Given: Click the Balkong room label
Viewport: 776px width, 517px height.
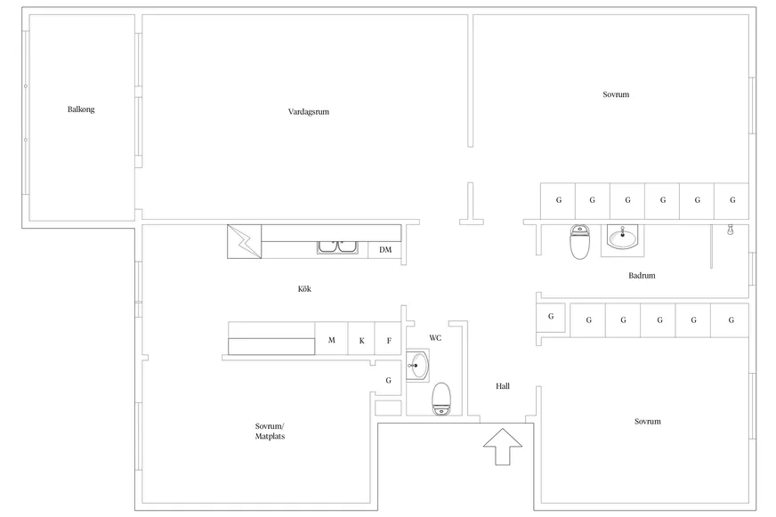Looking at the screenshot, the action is click(x=81, y=109).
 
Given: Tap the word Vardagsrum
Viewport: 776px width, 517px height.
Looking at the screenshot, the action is click(x=308, y=112).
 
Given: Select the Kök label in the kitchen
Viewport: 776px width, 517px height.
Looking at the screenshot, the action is click(x=304, y=289).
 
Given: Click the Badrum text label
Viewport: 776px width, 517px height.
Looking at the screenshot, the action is click(x=642, y=276).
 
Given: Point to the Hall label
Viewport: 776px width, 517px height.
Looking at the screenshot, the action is click(x=502, y=386).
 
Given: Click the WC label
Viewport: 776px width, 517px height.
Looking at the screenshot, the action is click(x=435, y=338).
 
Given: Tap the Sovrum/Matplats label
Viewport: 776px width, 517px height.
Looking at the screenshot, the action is click(x=270, y=431).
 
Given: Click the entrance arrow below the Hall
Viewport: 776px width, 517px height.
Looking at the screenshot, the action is click(x=502, y=446).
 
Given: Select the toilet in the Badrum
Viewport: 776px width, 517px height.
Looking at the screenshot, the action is click(x=579, y=241).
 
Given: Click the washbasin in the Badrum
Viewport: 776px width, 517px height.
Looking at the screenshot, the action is click(x=623, y=238).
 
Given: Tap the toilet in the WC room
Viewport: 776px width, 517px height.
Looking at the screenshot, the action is click(x=441, y=399).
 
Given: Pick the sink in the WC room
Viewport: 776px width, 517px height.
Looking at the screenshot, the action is click(x=416, y=366).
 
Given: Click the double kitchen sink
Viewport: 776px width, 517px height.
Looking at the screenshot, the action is click(x=337, y=247).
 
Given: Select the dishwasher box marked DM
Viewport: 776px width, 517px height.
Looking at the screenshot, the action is click(x=384, y=250).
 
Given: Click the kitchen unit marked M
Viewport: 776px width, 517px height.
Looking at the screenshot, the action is click(x=332, y=339).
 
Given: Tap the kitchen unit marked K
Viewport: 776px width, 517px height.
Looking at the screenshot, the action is click(x=361, y=339).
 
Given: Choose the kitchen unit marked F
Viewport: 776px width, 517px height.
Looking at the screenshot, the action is click(x=388, y=339).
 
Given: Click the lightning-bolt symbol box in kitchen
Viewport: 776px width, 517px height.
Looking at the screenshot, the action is click(x=244, y=241).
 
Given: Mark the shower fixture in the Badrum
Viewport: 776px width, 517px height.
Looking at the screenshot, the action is click(x=730, y=230).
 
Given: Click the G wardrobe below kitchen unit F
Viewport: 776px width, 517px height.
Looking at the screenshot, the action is click(x=388, y=380).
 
